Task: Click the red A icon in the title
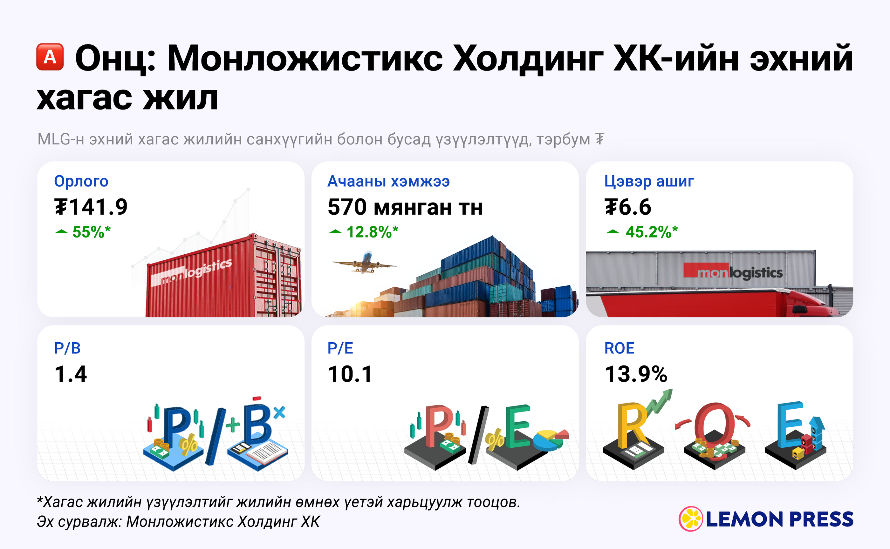coord(50,57)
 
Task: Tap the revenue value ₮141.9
coord(91,207)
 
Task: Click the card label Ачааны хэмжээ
coord(388,181)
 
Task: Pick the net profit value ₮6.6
coord(628,207)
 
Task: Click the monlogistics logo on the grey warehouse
coord(733,271)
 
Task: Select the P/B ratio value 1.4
coord(71,374)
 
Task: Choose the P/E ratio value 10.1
coord(350,374)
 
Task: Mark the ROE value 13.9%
coord(636,374)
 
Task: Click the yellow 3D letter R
coord(632,425)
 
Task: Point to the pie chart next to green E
coord(551,439)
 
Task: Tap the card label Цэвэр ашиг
coord(649,181)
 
